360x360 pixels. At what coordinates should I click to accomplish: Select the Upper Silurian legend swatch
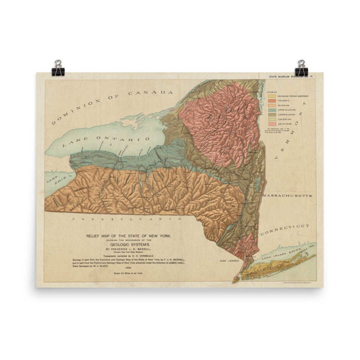point(272,110)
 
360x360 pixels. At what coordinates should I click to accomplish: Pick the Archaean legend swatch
point(272,124)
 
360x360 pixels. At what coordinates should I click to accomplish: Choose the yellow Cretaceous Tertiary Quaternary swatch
point(272,96)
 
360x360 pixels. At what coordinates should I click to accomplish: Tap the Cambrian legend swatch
point(272,119)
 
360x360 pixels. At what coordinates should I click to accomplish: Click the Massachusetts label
point(287,196)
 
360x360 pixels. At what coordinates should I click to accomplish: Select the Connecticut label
point(285,230)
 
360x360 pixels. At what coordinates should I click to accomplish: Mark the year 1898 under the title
point(128,267)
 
